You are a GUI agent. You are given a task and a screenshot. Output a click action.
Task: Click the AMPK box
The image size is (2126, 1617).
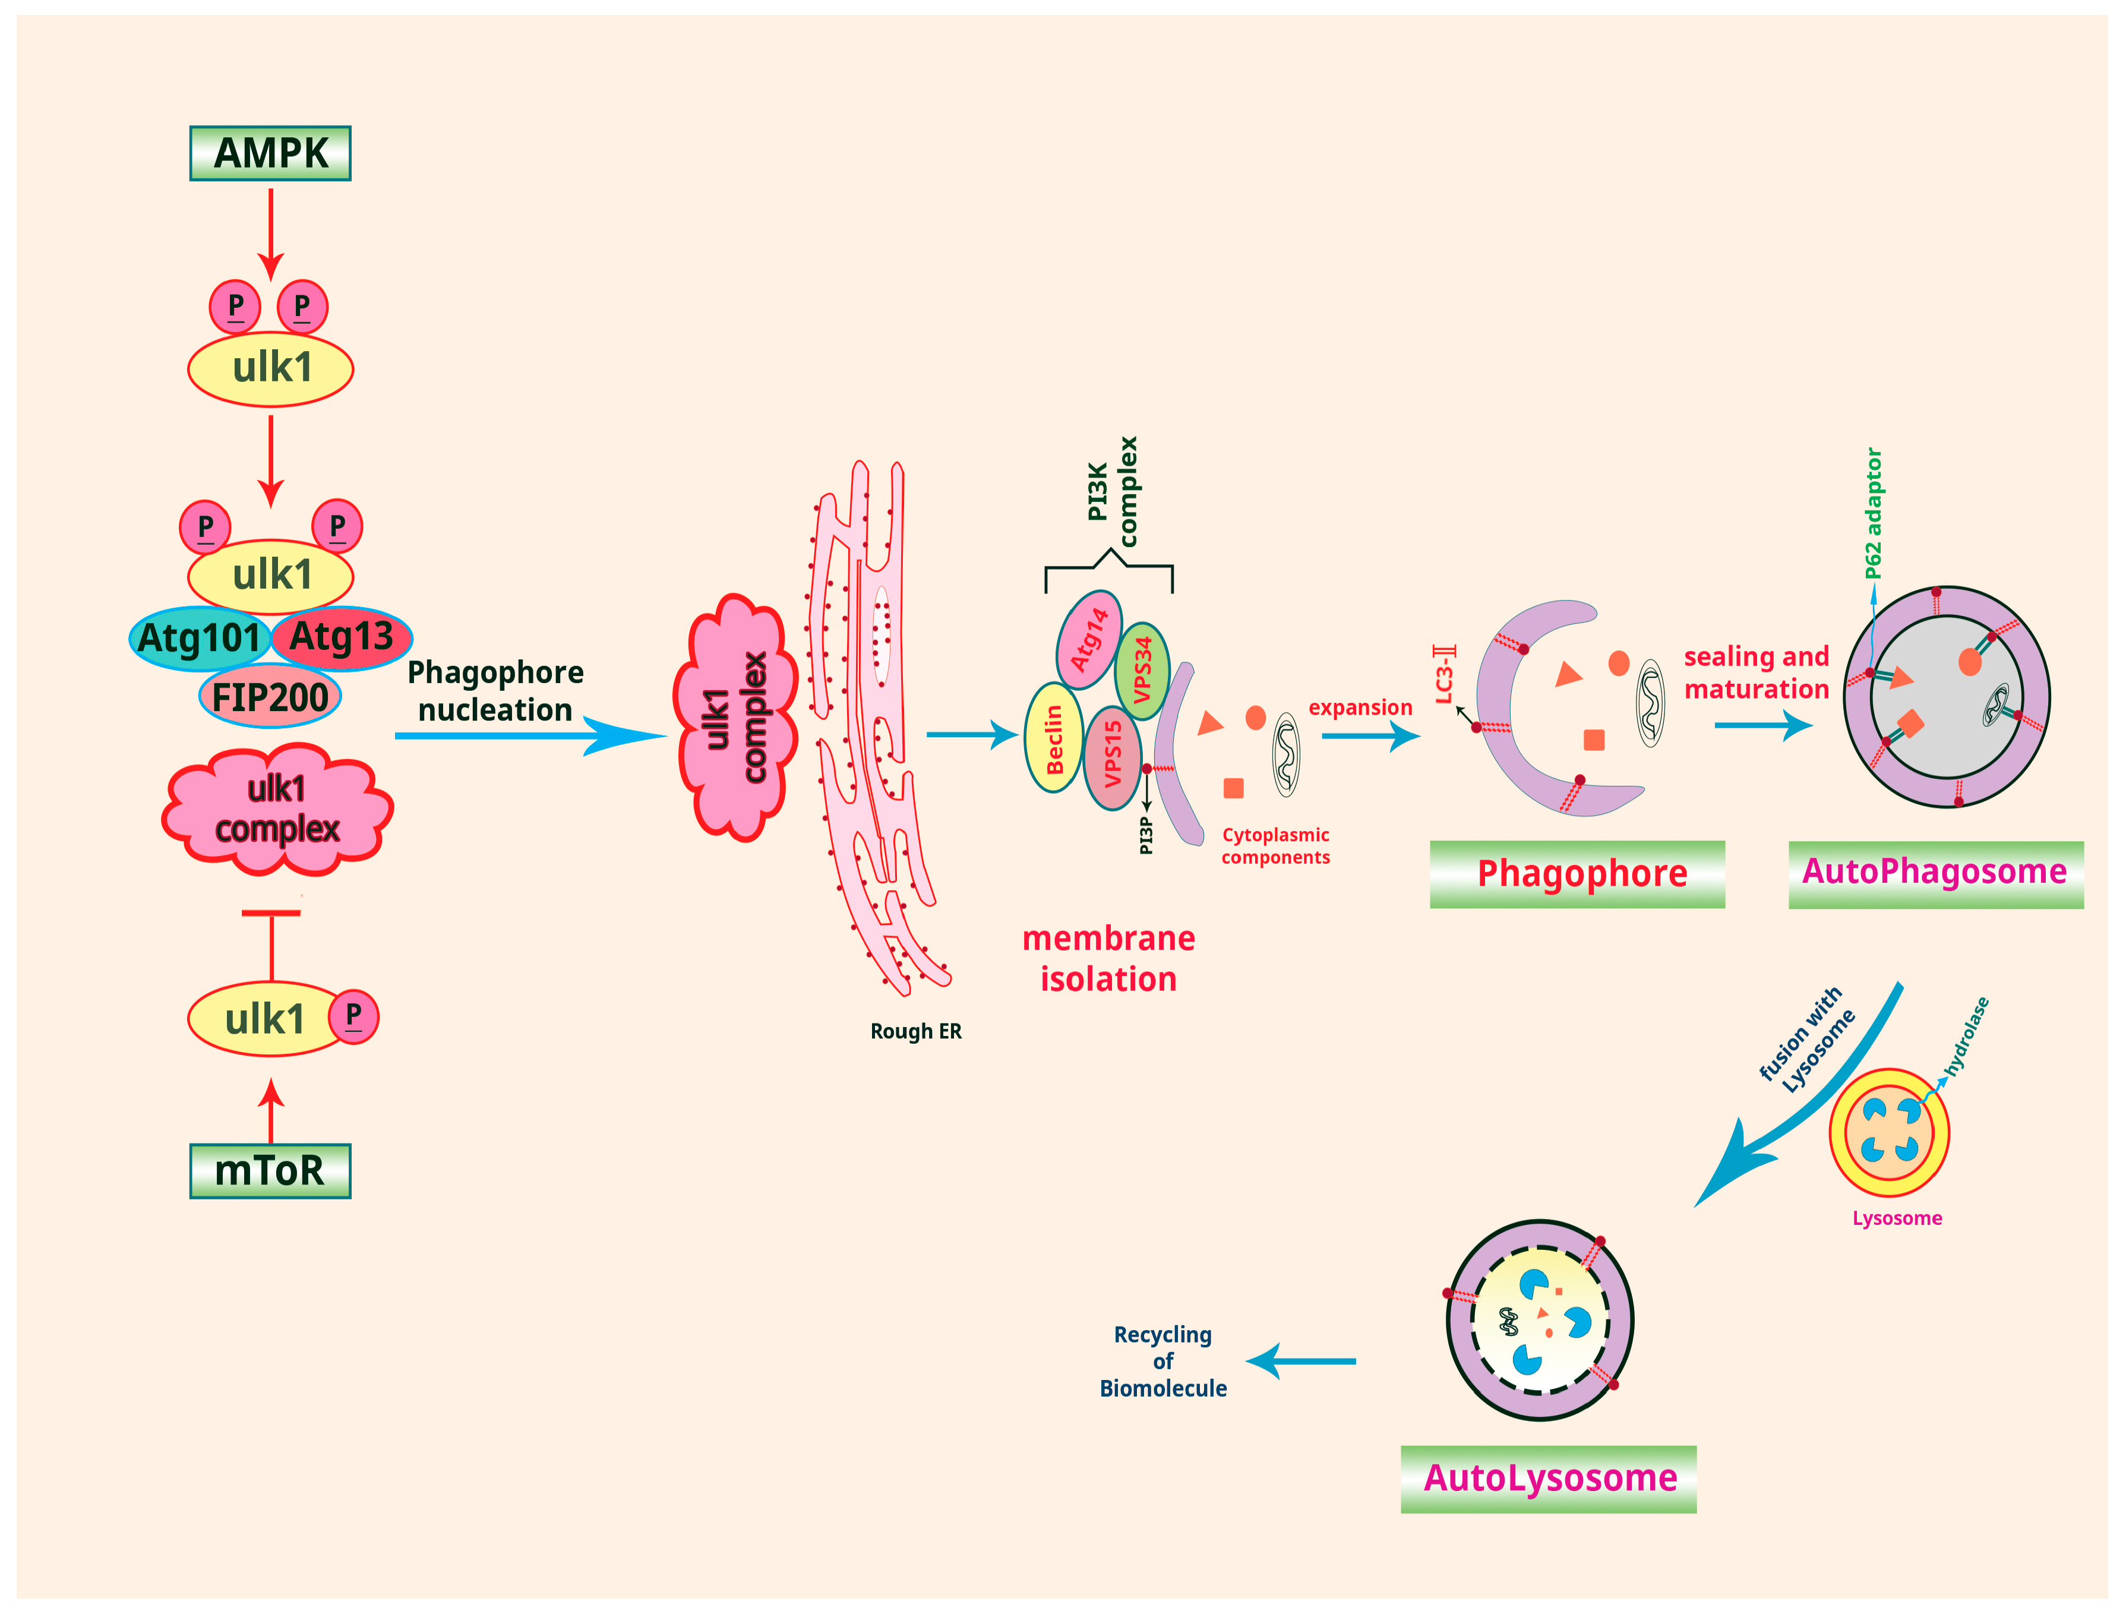click(270, 153)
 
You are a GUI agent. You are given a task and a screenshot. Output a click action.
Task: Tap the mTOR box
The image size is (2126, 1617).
click(270, 1170)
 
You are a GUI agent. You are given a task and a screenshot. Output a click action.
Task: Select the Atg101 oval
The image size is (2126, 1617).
click(199, 638)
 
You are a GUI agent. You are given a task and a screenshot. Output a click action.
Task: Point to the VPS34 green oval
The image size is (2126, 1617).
click(1142, 670)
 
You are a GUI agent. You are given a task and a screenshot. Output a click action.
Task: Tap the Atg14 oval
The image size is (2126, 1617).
click(1088, 640)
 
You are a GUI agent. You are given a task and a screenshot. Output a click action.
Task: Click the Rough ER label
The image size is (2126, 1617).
click(915, 1031)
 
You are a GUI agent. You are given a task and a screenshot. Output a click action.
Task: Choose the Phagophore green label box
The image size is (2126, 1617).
click(1577, 873)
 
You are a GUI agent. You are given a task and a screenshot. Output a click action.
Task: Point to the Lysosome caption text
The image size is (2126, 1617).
click(1896, 1218)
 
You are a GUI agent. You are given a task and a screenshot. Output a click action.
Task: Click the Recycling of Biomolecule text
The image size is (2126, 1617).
click(1162, 1361)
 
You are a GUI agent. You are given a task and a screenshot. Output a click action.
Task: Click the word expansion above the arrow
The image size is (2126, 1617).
click(1359, 708)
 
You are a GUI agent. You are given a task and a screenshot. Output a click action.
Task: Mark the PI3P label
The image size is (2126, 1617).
click(1145, 835)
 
